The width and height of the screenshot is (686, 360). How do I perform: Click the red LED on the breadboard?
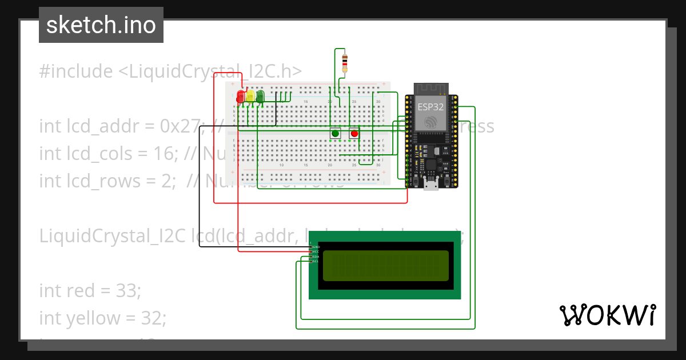[241, 96]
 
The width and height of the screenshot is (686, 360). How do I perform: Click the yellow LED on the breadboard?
[250, 96]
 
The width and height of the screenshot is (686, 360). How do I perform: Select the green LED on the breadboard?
[261, 96]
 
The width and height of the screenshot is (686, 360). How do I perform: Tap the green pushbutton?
[336, 134]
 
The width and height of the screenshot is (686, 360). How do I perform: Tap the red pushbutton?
[354, 134]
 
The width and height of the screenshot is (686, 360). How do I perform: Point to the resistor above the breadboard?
[344, 62]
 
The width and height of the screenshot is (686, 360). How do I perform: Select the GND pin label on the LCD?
[316, 246]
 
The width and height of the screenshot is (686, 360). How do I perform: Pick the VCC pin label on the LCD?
[316, 251]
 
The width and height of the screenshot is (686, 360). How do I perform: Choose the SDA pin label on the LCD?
[316, 257]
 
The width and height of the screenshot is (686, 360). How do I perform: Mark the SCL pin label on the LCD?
[316, 262]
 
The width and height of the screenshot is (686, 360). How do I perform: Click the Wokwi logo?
[607, 315]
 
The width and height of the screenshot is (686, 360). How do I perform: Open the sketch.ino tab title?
[101, 25]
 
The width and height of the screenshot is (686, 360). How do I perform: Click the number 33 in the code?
[127, 291]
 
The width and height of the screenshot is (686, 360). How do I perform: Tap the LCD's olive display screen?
[386, 266]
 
